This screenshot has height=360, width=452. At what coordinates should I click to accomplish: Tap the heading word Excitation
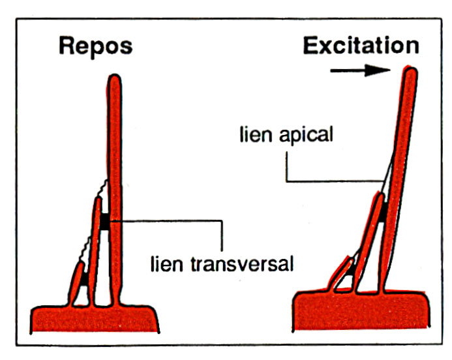[360, 45]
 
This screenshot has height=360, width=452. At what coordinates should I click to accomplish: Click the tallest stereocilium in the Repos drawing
[114, 163]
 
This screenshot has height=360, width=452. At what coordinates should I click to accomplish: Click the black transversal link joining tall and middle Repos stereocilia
[105, 222]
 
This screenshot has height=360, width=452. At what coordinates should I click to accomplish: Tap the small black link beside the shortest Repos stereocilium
[85, 278]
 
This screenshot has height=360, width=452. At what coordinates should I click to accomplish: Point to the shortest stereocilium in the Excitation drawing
[340, 274]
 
